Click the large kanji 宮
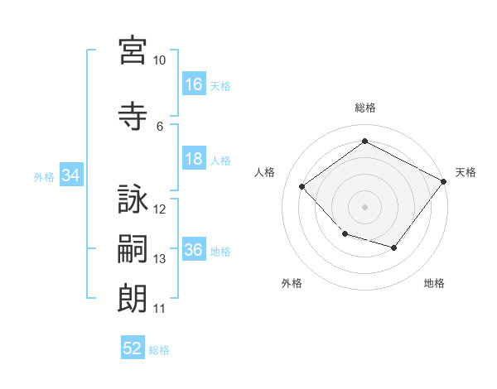133,50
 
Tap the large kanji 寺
133,116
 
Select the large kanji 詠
133,199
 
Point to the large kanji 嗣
133,248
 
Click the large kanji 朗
133,298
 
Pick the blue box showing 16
194,84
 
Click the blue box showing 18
194,158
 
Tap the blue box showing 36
194,248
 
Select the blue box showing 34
71,175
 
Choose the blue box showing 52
133,347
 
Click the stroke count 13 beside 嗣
159,259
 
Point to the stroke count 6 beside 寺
160,127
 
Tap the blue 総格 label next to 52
159,350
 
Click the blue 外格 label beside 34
44,177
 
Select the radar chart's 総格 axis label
365,108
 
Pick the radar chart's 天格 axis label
466,172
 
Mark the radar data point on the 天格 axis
443,181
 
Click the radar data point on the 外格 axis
345,234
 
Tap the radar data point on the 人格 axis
302,186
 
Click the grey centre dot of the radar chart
364,207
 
